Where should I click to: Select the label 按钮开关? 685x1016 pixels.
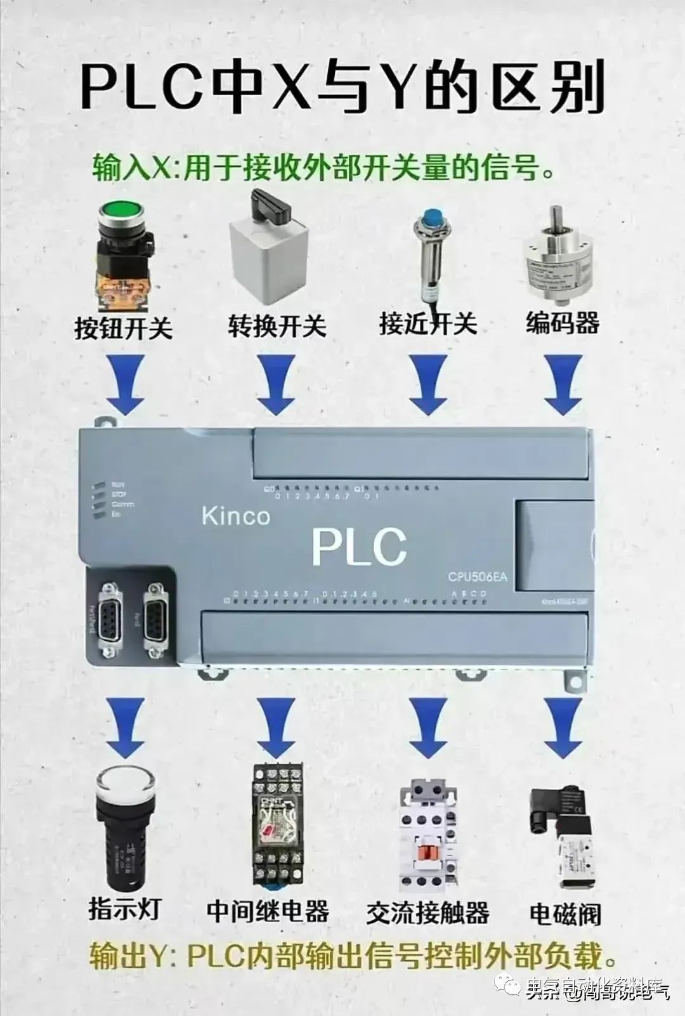point(124,328)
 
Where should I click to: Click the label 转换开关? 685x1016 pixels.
point(277,326)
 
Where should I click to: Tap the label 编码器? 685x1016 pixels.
point(562,323)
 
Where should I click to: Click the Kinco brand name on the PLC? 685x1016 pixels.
point(236,516)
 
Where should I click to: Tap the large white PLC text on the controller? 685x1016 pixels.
point(359,546)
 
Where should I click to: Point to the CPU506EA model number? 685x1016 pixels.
point(478,576)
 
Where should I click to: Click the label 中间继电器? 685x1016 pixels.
point(268,911)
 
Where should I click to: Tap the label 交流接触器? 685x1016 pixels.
point(427,913)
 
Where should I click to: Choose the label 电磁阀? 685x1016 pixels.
point(565,914)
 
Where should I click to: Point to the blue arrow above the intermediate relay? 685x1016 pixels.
point(277,727)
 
